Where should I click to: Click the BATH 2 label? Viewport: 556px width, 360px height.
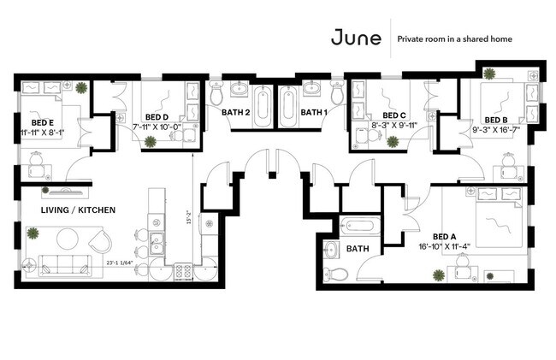pos(235,112)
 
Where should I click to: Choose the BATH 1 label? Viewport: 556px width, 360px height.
pos(313,112)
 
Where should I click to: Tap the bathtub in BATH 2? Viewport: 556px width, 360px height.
pos(263,106)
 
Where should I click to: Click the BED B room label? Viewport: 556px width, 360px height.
pos(496,120)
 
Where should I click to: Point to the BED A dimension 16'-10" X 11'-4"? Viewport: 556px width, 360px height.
pos(451,246)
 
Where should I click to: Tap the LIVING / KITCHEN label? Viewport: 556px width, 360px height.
pos(78,210)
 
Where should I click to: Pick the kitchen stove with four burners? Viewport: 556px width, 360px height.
pos(181,271)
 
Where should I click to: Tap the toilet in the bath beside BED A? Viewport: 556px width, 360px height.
pos(336,274)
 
